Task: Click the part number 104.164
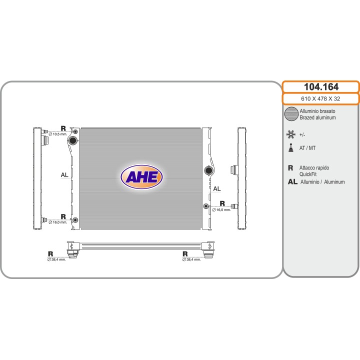(x=320, y=86)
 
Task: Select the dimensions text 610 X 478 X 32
(x=320, y=98)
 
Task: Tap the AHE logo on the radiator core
(x=141, y=176)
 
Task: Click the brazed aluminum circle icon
(x=290, y=114)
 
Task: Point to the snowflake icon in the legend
(x=290, y=134)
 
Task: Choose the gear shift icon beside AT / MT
(x=290, y=148)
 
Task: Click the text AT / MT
(x=307, y=148)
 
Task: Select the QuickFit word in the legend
(x=308, y=174)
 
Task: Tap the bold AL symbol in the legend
(x=292, y=182)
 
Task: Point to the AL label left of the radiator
(x=64, y=175)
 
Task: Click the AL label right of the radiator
(x=217, y=188)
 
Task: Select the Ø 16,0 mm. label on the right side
(x=221, y=209)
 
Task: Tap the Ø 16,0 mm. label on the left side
(x=58, y=222)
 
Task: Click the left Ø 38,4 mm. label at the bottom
(x=57, y=259)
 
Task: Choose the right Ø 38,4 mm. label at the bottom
(x=191, y=259)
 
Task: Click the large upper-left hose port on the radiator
(x=73, y=140)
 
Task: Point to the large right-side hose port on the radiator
(x=208, y=171)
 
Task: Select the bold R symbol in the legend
(x=290, y=168)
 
